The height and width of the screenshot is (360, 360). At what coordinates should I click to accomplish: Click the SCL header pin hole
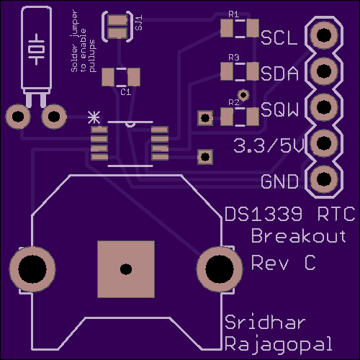(324, 35)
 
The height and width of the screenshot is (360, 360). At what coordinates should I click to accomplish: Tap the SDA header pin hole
(324, 71)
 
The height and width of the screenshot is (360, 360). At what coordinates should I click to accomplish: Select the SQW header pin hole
(324, 107)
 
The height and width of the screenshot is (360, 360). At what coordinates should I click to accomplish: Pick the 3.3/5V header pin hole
(324, 143)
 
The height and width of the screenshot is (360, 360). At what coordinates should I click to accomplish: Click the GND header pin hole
(324, 179)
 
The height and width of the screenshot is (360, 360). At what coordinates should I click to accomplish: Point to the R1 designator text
(234, 14)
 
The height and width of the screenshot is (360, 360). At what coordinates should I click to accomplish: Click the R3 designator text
(234, 58)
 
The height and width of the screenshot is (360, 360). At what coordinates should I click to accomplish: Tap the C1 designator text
(126, 92)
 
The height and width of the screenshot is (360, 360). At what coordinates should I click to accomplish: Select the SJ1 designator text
(139, 22)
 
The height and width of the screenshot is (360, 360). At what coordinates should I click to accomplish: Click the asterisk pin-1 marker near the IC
(94, 117)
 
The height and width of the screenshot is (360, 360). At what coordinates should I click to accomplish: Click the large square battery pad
(126, 269)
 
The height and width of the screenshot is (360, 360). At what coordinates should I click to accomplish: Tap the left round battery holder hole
(32, 269)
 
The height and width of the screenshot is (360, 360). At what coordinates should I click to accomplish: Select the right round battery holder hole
(220, 269)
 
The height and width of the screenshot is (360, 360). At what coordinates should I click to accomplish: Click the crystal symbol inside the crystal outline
(37, 50)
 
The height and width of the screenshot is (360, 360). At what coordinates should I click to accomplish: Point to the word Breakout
(299, 235)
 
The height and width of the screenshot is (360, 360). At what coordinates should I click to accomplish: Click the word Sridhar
(265, 322)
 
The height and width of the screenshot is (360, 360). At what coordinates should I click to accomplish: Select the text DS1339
(264, 214)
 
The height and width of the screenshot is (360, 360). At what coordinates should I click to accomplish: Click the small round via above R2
(243, 95)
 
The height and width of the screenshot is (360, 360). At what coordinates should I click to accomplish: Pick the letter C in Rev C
(310, 263)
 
